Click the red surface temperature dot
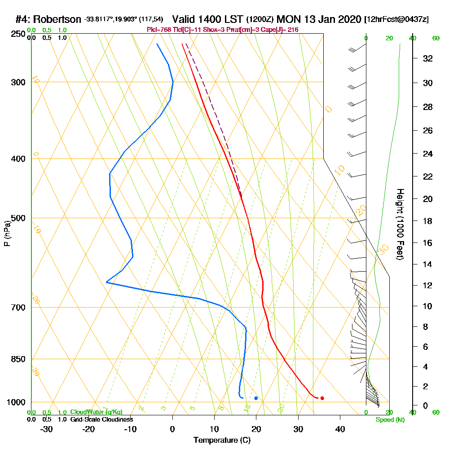pyautogui.click(x=322, y=398)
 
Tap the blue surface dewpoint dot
pyautogui.click(x=256, y=398)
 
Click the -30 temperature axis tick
pyautogui.click(x=47, y=429)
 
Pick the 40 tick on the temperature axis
pyautogui.click(x=340, y=429)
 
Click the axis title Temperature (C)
pyautogui.click(x=222, y=440)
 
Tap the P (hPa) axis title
pyautogui.click(x=7, y=233)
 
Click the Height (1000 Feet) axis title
pyautogui.click(x=400, y=224)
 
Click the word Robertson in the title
pyautogui.click(x=58, y=19)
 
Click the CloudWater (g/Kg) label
pyautogui.click(x=96, y=412)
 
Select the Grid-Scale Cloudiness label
pyautogui.click(x=101, y=419)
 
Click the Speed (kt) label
pyautogui.click(x=390, y=419)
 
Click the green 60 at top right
pyautogui.click(x=436, y=38)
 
